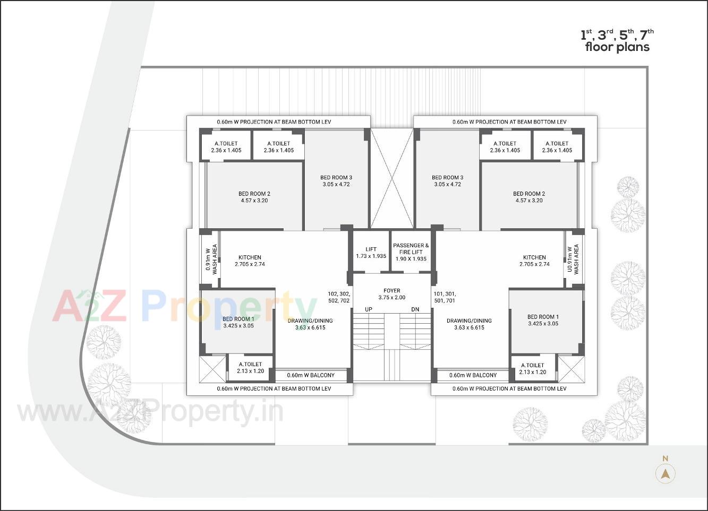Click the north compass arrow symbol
pyautogui.click(x=665, y=473)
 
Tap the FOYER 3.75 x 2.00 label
pyautogui.click(x=392, y=294)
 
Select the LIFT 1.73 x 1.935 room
pyautogui.click(x=371, y=253)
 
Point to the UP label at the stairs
pyautogui.click(x=368, y=309)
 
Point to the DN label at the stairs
pyautogui.click(x=415, y=309)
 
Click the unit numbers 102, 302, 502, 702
pyautogui.click(x=339, y=297)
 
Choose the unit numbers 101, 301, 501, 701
pyautogui.click(x=445, y=297)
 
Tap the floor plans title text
pyautogui.click(x=617, y=41)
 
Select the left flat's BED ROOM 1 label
pyautogui.click(x=238, y=322)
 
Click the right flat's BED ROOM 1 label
pyautogui.click(x=543, y=320)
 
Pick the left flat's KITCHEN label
pyautogui.click(x=250, y=261)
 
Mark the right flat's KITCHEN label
pyautogui.click(x=534, y=261)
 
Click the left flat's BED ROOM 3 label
pyautogui.click(x=336, y=181)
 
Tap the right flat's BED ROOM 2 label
pyautogui.click(x=529, y=197)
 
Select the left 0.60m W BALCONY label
pyautogui.click(x=311, y=375)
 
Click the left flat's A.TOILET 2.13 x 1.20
pyautogui.click(x=250, y=368)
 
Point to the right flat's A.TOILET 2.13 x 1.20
pyautogui.click(x=533, y=368)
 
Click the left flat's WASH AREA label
pyautogui.click(x=212, y=259)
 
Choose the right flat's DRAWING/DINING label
pyautogui.click(x=469, y=324)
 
